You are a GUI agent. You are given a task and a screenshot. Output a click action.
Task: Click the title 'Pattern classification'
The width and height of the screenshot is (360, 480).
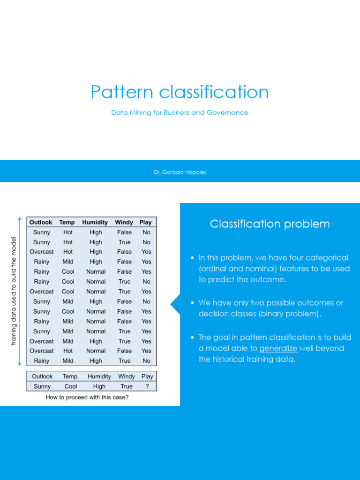point(180,92)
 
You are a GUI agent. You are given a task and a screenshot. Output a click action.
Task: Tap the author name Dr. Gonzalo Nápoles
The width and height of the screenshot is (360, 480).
point(180,172)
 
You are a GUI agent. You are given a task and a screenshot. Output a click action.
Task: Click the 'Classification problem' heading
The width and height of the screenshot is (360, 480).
point(270,224)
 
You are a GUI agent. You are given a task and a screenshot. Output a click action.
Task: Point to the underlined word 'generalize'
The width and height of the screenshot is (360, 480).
point(278,349)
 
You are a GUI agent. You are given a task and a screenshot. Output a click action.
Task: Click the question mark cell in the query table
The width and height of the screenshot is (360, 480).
point(147,387)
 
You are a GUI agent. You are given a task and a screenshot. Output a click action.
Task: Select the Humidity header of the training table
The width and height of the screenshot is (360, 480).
point(95,223)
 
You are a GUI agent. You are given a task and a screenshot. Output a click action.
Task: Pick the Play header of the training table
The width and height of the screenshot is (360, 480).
point(145,223)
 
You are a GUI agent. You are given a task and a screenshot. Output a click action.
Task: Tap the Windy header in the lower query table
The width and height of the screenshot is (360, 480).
point(127,376)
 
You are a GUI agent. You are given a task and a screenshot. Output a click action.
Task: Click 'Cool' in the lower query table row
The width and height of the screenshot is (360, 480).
point(71,387)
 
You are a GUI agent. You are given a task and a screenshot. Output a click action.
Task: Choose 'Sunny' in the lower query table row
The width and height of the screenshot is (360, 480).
point(42,387)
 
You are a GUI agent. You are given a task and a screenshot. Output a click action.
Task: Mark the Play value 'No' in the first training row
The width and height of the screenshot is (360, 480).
point(146,232)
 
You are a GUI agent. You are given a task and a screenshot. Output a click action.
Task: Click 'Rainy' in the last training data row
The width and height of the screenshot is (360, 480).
point(42,361)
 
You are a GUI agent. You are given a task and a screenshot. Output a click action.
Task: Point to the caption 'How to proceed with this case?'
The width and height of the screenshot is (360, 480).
point(87,397)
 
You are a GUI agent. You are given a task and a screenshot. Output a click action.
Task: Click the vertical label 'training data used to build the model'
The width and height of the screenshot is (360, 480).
point(14,291)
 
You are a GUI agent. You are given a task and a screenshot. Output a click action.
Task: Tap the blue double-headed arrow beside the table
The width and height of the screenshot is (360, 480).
point(20,291)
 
